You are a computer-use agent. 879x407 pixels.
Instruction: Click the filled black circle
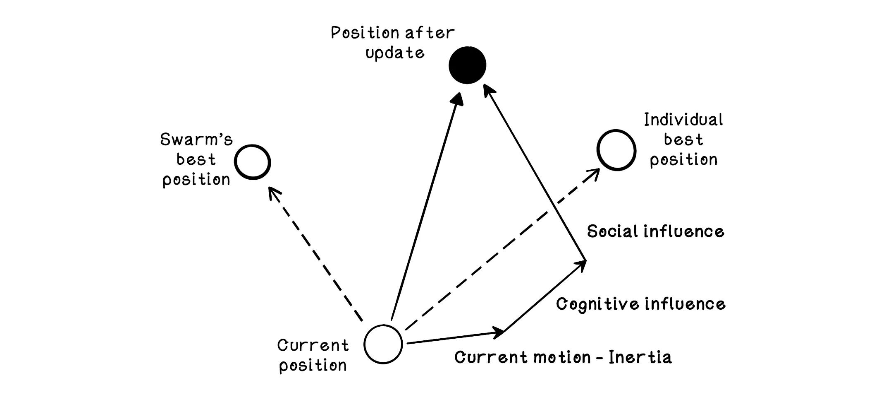467,65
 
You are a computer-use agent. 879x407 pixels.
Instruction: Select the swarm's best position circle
252,162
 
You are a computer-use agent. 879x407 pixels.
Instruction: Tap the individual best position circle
616,150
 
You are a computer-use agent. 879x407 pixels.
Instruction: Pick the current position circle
383,344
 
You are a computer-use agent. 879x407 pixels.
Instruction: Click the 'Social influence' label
655,231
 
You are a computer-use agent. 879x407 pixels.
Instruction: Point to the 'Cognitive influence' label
640,304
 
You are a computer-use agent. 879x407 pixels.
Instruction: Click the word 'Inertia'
640,357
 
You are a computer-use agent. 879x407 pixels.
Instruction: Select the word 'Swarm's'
196,140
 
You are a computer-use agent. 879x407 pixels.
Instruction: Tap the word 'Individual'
683,120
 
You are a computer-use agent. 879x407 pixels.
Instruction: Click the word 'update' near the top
395,53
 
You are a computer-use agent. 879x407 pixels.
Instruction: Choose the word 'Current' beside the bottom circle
313,345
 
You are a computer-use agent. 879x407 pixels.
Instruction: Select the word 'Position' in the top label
365,33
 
